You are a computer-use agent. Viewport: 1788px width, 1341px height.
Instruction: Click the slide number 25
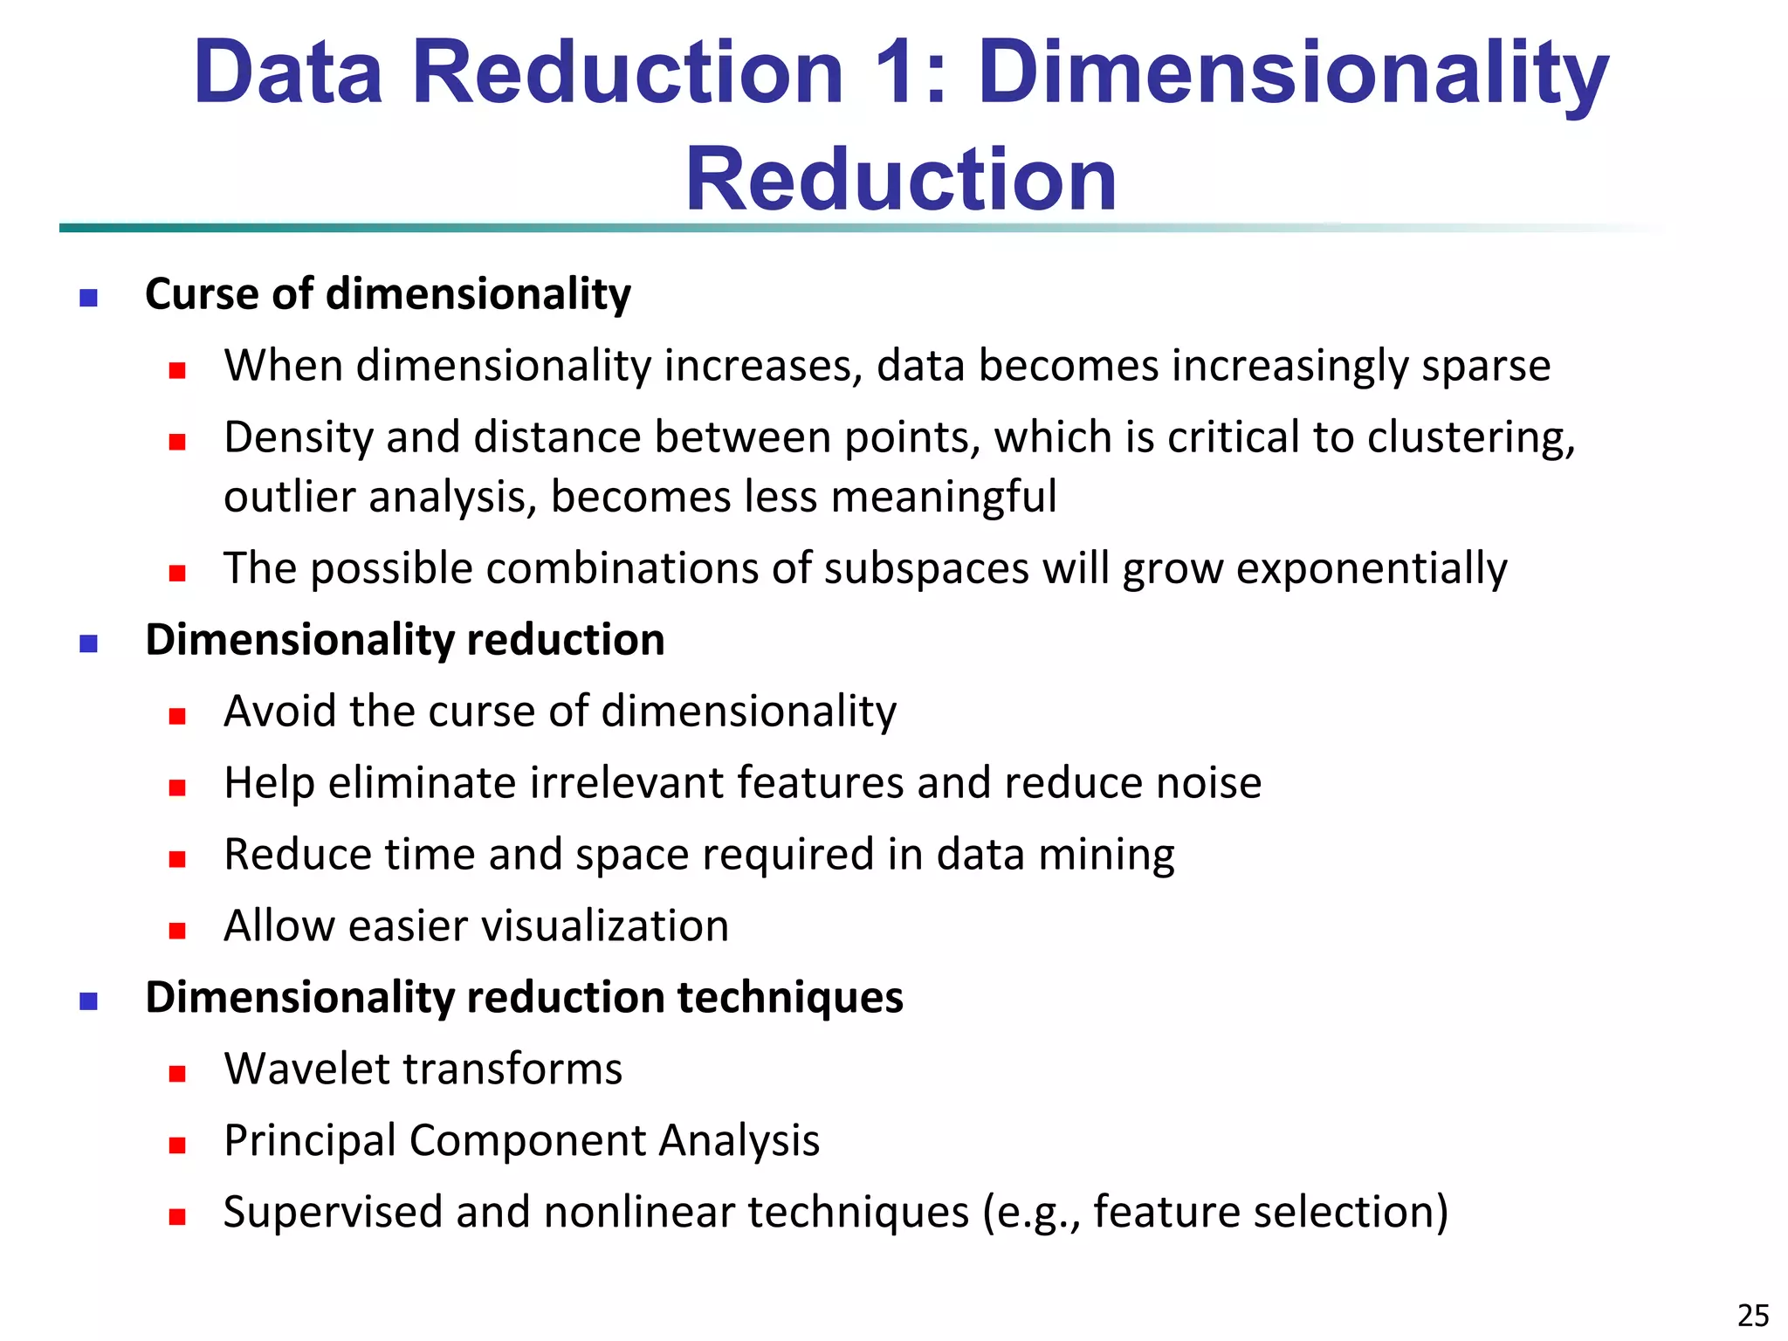(x=1753, y=1315)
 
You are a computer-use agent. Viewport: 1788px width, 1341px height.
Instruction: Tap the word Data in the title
(x=289, y=73)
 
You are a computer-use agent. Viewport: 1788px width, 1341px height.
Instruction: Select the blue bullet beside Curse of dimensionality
(x=88, y=299)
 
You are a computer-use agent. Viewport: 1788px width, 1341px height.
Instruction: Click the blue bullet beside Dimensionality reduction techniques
(x=88, y=1001)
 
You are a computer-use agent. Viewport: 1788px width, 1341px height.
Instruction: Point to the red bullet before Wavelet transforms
(x=177, y=1074)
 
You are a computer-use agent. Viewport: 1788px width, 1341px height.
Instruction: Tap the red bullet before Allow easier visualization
(x=177, y=931)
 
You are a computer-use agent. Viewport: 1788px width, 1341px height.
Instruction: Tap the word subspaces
(x=926, y=569)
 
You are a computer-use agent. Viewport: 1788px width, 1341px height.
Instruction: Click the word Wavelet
(x=306, y=1069)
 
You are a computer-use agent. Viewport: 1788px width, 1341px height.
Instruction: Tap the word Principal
(x=309, y=1141)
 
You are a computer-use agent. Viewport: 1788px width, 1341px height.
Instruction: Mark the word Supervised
(x=333, y=1213)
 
